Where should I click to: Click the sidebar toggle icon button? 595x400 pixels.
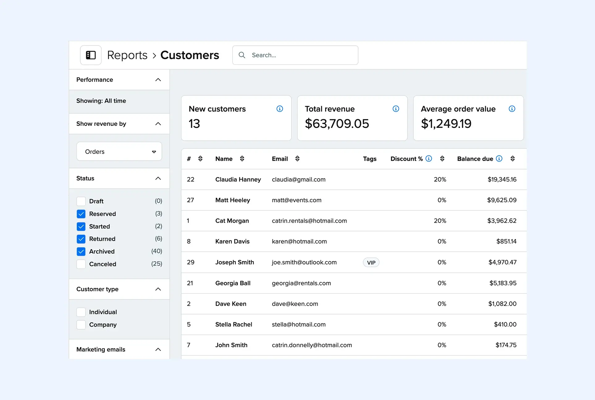point(91,55)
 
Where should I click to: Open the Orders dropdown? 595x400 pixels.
point(119,152)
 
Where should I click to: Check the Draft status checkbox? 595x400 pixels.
point(81,201)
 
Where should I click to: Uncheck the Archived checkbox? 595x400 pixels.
point(81,252)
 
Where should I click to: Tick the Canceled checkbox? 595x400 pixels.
point(81,264)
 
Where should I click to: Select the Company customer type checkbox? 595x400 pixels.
point(81,325)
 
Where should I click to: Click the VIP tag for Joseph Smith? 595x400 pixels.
point(371,263)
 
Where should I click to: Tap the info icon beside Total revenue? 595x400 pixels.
point(396,109)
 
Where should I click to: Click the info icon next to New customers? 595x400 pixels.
point(279,109)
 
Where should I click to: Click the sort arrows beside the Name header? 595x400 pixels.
point(242,159)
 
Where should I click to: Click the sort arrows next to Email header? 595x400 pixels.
point(297,159)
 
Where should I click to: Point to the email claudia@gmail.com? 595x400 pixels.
point(299,179)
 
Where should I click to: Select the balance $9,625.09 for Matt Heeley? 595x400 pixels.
point(501,200)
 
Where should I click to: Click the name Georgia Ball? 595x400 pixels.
point(233,283)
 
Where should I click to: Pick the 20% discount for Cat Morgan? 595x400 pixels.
point(440,221)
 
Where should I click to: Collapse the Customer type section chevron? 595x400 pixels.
point(158,289)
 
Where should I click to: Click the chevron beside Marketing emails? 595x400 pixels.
point(158,350)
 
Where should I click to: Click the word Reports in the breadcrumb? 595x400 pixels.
point(127,55)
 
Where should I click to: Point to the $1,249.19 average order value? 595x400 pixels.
point(446,124)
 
